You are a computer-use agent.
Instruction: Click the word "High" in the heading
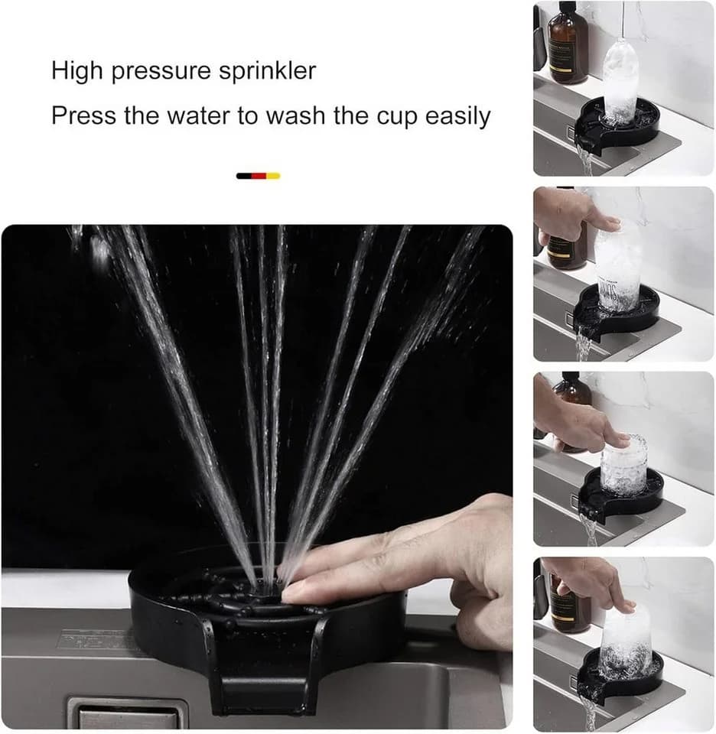click(76, 71)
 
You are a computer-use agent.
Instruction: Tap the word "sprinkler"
click(268, 71)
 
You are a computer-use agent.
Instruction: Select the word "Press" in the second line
click(83, 115)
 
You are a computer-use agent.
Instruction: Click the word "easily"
click(457, 116)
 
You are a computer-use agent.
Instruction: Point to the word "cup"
click(397, 117)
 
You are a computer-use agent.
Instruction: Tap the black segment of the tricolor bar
click(244, 176)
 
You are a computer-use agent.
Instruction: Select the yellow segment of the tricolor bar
click(274, 176)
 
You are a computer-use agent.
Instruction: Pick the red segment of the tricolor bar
click(259, 176)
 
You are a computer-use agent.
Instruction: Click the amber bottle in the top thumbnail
click(568, 44)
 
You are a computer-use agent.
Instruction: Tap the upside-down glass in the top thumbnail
click(620, 80)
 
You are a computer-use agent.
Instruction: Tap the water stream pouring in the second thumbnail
click(584, 344)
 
